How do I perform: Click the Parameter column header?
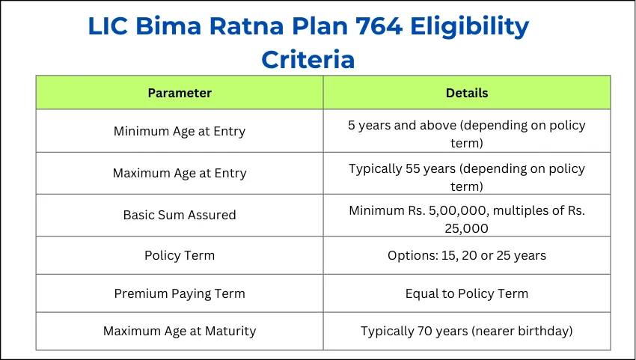click(180, 93)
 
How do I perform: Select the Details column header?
click(467, 93)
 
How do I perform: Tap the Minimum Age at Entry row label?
click(180, 131)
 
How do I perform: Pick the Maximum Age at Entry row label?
click(180, 173)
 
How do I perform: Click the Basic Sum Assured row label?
click(180, 215)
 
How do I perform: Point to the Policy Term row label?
click(180, 255)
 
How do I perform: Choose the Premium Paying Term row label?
click(180, 293)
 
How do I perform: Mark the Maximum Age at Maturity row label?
click(180, 331)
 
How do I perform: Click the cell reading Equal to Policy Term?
click(467, 293)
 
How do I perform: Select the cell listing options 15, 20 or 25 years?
click(467, 255)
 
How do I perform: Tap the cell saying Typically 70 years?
click(467, 331)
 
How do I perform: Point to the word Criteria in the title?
click(308, 59)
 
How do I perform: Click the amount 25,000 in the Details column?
click(467, 228)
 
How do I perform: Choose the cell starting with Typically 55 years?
click(467, 177)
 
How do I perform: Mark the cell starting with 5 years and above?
click(467, 134)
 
